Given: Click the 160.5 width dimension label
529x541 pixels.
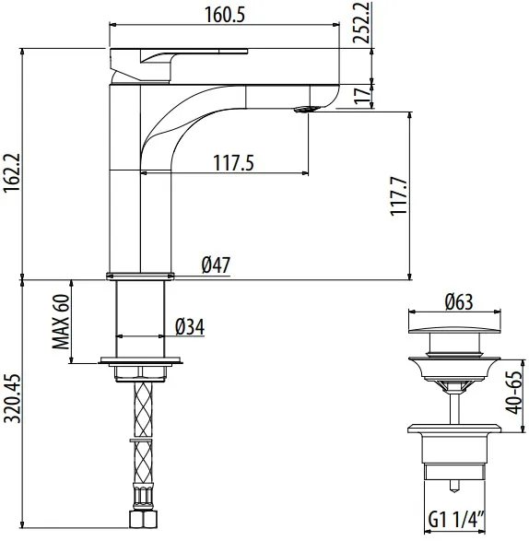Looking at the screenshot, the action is tap(225, 15).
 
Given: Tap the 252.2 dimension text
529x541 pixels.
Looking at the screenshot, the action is tap(361, 22).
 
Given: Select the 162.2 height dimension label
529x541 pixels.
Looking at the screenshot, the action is tap(13, 173).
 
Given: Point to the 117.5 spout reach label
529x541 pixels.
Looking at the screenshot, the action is tap(233, 163).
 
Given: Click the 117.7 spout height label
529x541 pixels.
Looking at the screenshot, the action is tap(398, 196).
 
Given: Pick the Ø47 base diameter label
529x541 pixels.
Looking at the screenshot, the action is tap(216, 265).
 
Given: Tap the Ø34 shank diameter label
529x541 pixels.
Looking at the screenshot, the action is tap(190, 326).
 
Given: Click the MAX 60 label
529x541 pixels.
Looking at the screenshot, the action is tap(61, 322).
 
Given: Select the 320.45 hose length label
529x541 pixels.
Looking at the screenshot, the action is tap(14, 398).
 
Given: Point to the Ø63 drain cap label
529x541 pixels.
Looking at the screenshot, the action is tap(459, 302).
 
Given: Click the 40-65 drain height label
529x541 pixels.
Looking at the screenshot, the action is tap(513, 392).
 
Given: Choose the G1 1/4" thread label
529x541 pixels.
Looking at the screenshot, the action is tap(456, 519).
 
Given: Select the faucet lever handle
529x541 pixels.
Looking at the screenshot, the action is tap(179, 65).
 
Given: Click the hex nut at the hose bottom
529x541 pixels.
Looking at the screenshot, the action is tap(144, 519).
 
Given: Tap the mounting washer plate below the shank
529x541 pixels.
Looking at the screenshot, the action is tap(140, 360).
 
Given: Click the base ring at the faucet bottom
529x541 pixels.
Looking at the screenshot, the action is tap(140, 276).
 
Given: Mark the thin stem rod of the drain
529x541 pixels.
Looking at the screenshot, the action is tap(454, 408).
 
